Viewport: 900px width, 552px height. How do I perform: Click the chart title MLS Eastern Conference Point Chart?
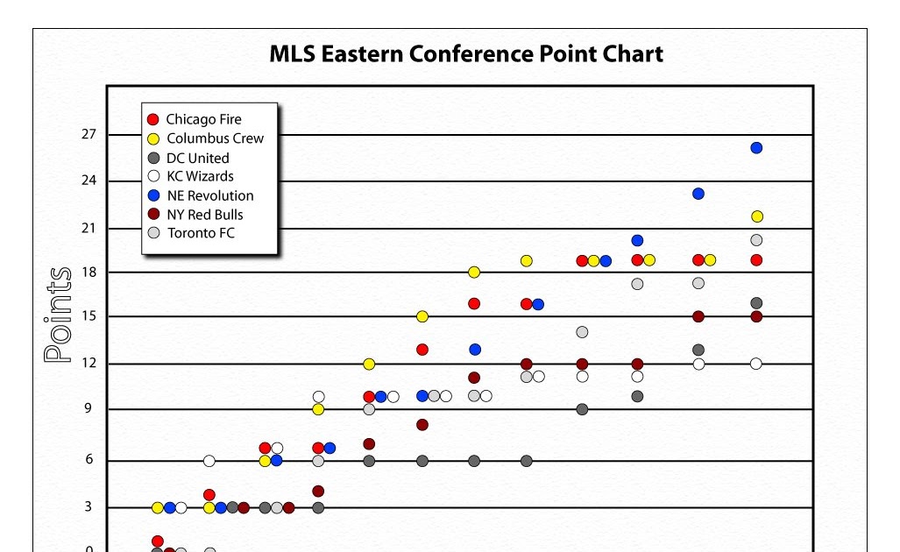point(465,54)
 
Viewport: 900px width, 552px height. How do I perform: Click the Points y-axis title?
point(58,315)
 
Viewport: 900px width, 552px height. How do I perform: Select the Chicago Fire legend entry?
point(203,119)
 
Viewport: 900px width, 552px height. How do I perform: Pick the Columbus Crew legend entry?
point(214,138)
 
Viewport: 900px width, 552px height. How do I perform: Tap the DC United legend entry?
point(196,158)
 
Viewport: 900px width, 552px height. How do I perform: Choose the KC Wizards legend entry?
point(200,176)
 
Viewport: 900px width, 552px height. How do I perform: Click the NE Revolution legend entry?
point(209,195)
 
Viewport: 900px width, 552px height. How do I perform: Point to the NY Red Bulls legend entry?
point(204,215)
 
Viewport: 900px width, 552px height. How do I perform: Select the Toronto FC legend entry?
point(200,233)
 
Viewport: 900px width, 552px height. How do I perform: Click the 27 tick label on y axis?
point(89,135)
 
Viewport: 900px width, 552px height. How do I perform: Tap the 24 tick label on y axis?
point(89,181)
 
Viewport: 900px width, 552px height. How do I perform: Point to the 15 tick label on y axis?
point(89,316)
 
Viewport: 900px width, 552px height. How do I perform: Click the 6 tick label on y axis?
point(89,461)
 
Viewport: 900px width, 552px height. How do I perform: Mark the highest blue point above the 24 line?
point(756,148)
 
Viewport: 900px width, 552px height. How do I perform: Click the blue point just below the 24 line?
point(698,194)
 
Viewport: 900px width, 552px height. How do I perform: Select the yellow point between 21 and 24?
point(756,216)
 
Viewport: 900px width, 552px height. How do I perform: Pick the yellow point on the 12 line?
point(369,364)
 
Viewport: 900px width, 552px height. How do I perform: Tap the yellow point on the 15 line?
point(422,316)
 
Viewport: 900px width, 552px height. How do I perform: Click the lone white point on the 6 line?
point(209,461)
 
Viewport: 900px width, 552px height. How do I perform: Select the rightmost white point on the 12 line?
point(756,364)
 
